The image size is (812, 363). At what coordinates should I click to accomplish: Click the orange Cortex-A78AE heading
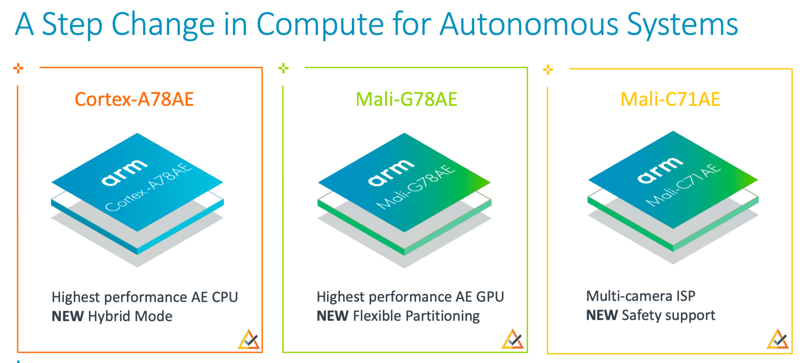(134, 99)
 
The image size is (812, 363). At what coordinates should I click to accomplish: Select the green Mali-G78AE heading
(406, 99)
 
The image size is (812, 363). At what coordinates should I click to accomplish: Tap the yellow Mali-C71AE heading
(670, 99)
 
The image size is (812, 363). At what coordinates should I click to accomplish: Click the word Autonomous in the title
(529, 25)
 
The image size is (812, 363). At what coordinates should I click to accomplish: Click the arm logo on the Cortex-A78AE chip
(124, 173)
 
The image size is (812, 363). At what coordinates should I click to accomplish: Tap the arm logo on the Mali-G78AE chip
(391, 173)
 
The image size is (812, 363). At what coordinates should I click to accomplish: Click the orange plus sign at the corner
(18, 68)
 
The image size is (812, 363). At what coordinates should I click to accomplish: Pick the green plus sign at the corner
(283, 68)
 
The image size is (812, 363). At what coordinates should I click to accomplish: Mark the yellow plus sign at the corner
(548, 70)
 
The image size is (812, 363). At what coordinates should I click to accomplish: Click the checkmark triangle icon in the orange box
(249, 340)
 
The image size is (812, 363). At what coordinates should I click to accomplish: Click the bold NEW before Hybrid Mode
(67, 317)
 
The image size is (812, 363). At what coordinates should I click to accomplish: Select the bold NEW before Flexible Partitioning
(332, 316)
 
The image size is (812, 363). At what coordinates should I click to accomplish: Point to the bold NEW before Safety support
(602, 315)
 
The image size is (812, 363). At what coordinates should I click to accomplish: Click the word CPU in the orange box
(225, 297)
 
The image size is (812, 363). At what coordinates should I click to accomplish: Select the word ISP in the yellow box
(686, 296)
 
